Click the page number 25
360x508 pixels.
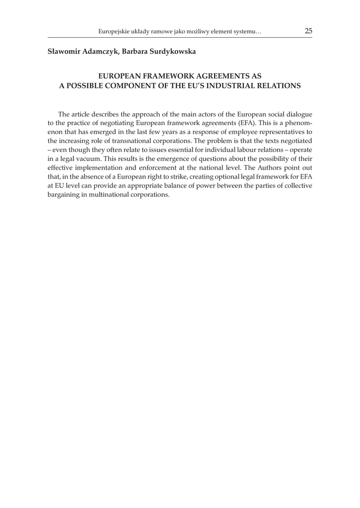(308, 31)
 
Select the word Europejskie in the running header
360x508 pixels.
(115, 32)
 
